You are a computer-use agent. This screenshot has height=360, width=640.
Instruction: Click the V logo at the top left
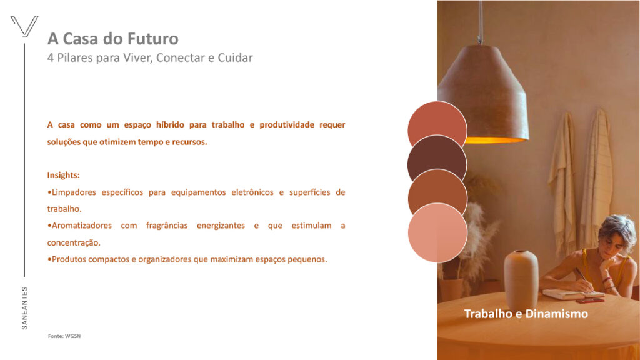tap(24, 26)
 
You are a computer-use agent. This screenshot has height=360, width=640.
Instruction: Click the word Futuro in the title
tap(152, 39)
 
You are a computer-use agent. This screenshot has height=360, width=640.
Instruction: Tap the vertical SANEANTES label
tap(24, 308)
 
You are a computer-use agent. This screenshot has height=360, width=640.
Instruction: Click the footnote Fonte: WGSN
tap(64, 336)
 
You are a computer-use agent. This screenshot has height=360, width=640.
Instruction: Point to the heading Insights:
tap(63, 175)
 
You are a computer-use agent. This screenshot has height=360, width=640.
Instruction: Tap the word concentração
tap(74, 243)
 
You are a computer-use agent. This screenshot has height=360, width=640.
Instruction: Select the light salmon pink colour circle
tap(437, 232)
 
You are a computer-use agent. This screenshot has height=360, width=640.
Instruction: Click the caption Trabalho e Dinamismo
tap(526, 314)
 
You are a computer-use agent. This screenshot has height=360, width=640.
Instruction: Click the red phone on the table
tap(590, 301)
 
